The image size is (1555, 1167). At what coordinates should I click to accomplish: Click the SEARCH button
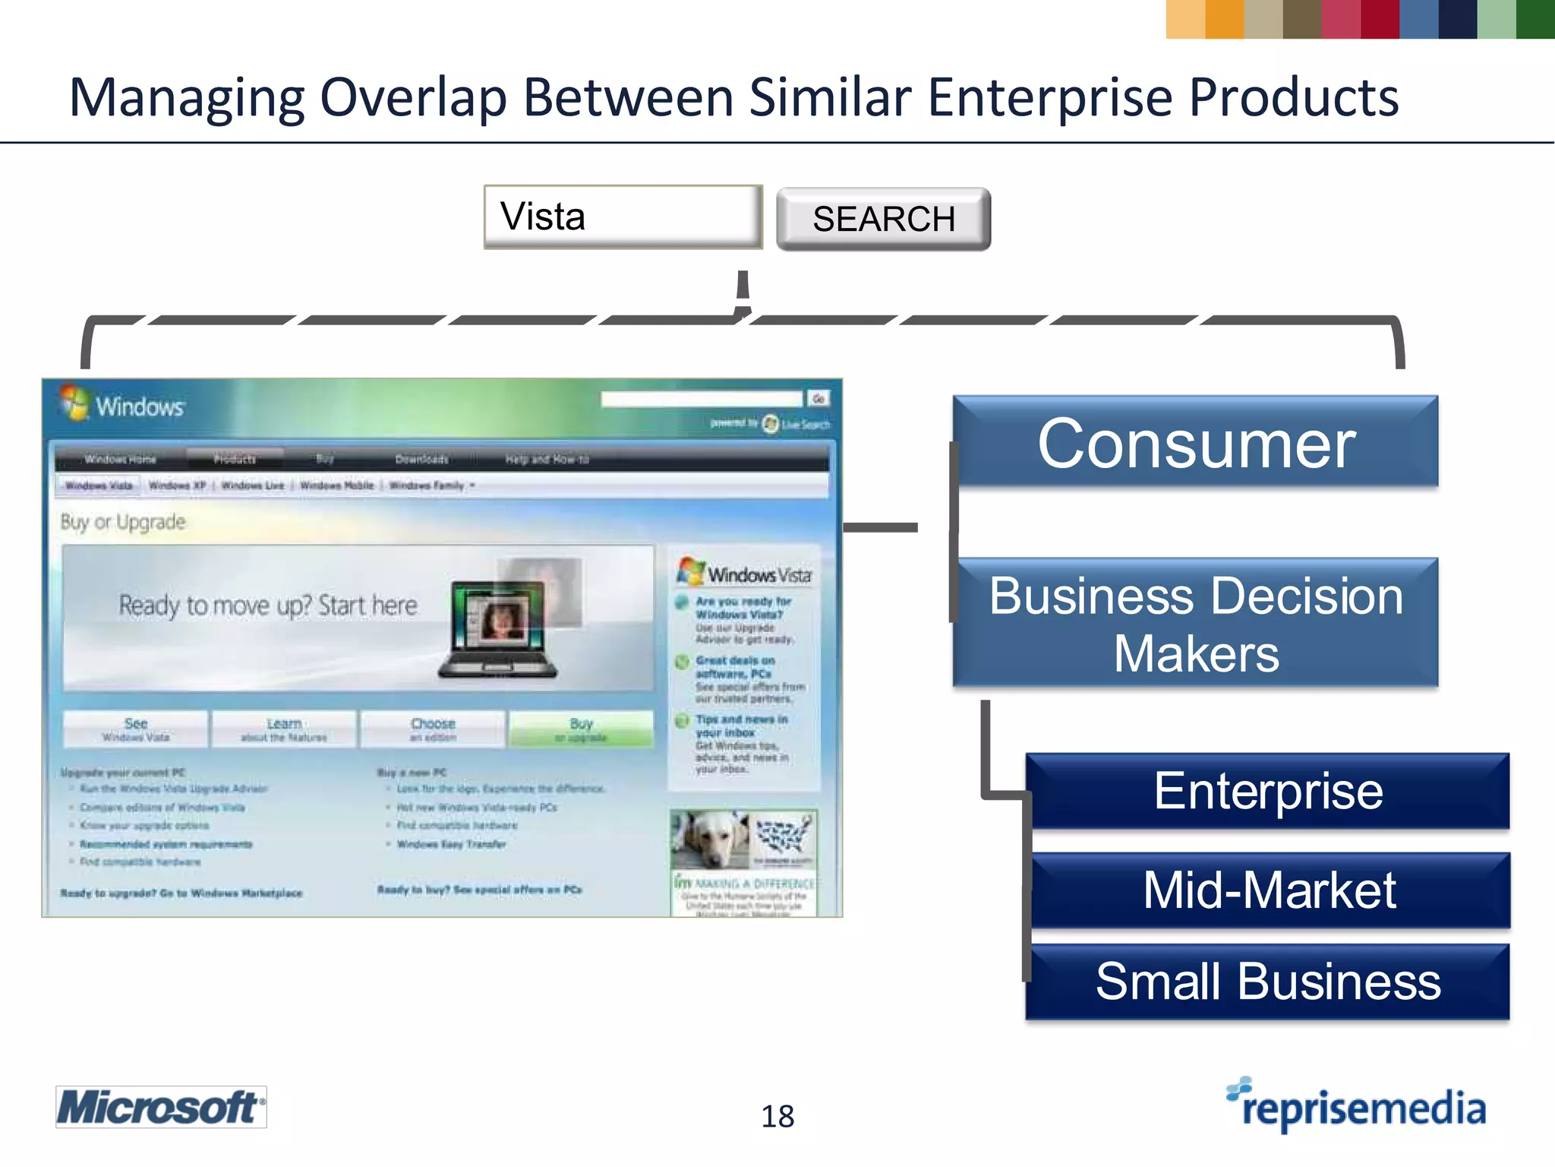tap(883, 219)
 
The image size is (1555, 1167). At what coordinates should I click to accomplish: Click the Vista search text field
tap(623, 217)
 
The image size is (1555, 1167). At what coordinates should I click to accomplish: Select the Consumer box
tap(1195, 442)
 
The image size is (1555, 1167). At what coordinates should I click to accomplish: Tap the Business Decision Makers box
tap(1195, 623)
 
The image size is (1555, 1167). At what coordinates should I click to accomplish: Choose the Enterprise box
tap(1267, 791)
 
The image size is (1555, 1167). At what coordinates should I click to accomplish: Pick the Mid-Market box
tap(1269, 890)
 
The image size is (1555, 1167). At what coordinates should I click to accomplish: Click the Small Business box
tap(1267, 981)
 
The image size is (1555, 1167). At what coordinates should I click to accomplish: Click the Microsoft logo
tap(161, 1107)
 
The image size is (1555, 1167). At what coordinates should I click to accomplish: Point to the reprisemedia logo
tap(1356, 1106)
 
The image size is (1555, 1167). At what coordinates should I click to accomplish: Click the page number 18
tap(777, 1116)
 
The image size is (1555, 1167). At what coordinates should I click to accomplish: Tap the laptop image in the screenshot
tap(497, 631)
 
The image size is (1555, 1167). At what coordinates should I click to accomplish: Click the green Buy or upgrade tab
tap(581, 729)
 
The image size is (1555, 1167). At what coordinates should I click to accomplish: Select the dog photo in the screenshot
tap(710, 839)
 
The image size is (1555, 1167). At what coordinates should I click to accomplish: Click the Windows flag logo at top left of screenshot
tap(74, 403)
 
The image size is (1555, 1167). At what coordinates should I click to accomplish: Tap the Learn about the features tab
tap(284, 729)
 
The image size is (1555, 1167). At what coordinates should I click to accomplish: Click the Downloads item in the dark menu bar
tap(421, 459)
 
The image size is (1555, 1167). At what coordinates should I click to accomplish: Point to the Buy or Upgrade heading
tap(123, 522)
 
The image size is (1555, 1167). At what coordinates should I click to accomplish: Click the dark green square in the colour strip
tap(1534, 19)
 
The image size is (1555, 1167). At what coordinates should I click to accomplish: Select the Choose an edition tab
tap(433, 729)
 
